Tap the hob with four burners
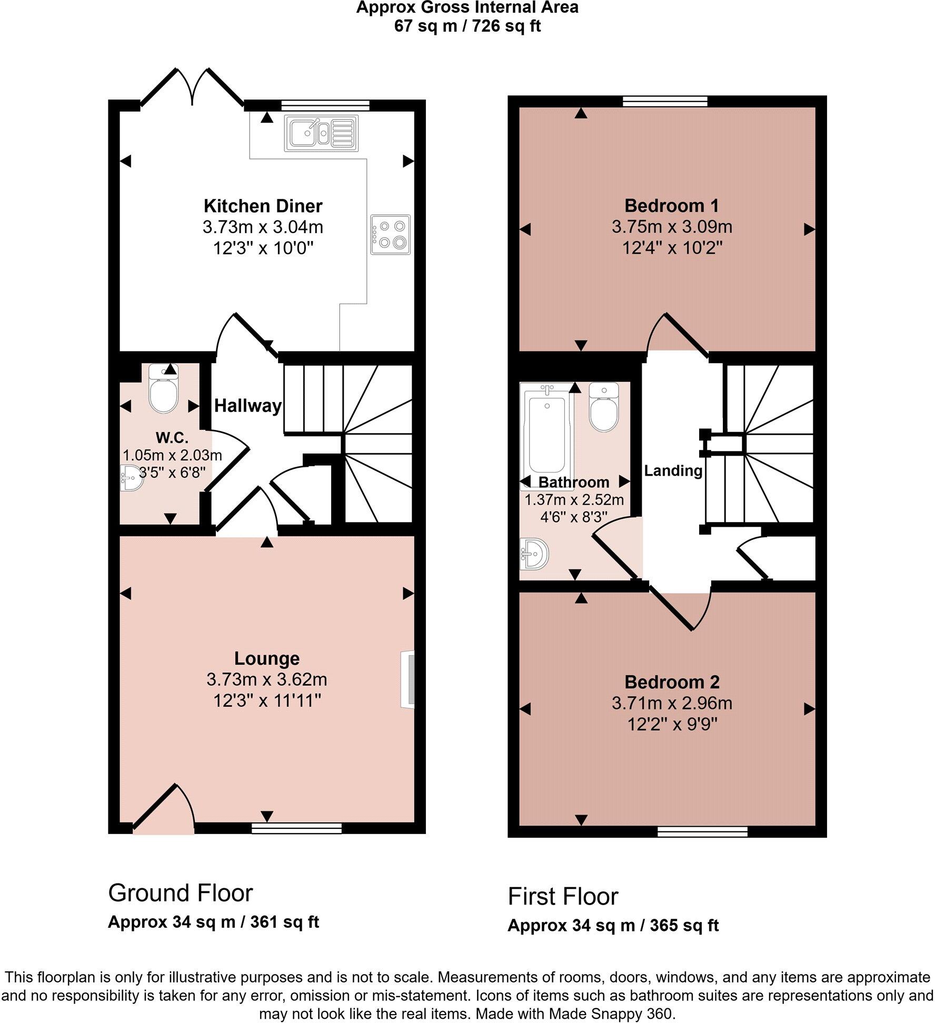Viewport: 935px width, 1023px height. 390,235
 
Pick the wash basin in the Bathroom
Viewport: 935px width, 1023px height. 535,554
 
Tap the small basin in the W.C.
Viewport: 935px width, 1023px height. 130,477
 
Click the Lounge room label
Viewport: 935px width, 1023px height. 267,658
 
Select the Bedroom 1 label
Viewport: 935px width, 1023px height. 672,205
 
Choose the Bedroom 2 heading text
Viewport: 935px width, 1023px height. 672,682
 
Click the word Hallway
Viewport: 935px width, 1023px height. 248,406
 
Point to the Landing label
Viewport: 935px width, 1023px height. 673,470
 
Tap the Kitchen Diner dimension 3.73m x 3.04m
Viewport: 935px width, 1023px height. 263,227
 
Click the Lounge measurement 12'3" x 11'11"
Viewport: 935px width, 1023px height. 267,701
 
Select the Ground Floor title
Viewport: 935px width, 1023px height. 181,893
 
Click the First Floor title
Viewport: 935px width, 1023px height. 563,896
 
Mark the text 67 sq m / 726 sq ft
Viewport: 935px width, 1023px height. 468,26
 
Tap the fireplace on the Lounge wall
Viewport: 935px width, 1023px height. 407,679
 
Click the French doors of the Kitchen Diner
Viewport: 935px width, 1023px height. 193,87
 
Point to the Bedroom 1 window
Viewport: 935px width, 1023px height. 665,102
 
